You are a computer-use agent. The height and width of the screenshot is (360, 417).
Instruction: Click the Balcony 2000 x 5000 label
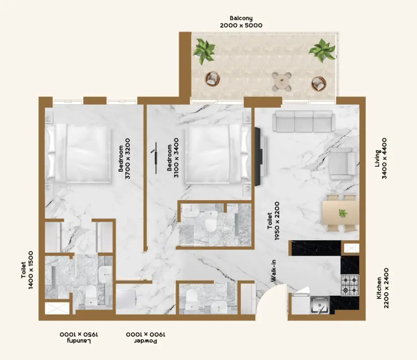[x=241, y=22]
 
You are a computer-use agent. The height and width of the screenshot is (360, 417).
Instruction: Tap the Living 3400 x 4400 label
[x=381, y=158]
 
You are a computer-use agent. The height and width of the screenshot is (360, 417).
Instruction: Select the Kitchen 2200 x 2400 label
[x=383, y=288]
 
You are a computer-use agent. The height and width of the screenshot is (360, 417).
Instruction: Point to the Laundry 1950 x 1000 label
[x=79, y=337]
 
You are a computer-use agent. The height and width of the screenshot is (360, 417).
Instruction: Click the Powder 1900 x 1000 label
[x=146, y=337]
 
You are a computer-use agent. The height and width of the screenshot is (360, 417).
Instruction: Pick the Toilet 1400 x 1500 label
[x=27, y=270]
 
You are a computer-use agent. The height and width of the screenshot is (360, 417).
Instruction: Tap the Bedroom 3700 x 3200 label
[x=124, y=158]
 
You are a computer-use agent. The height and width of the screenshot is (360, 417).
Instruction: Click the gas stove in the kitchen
[x=350, y=285]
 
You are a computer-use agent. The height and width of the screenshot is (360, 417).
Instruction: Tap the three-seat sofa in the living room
[x=304, y=121]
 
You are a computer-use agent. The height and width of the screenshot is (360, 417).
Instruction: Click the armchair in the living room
[x=343, y=164]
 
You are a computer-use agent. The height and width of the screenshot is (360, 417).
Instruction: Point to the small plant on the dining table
[x=343, y=213]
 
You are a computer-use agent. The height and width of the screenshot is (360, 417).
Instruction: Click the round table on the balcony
[x=282, y=81]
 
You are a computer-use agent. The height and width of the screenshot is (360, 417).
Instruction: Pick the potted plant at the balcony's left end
[x=204, y=51]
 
